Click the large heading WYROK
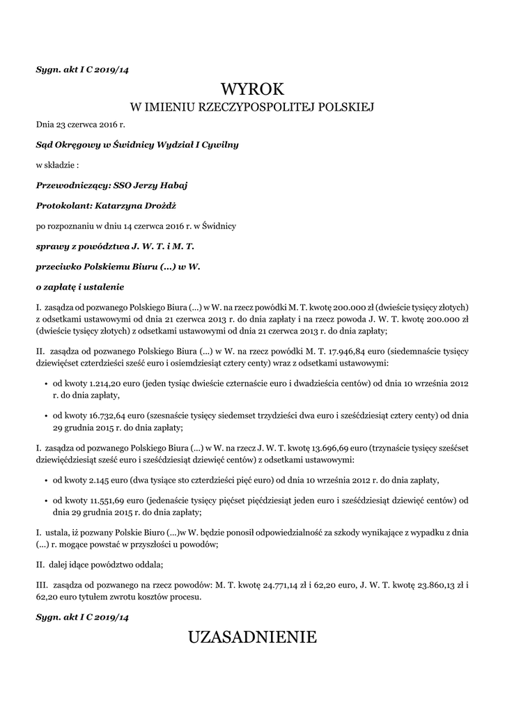[252, 89]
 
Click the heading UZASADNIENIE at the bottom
[252, 636]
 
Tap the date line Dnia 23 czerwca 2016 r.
[80, 125]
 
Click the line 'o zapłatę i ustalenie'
[80, 286]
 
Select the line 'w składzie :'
[58, 165]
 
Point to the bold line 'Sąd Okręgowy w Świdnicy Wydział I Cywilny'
[137, 145]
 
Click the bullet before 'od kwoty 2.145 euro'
[46, 480]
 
